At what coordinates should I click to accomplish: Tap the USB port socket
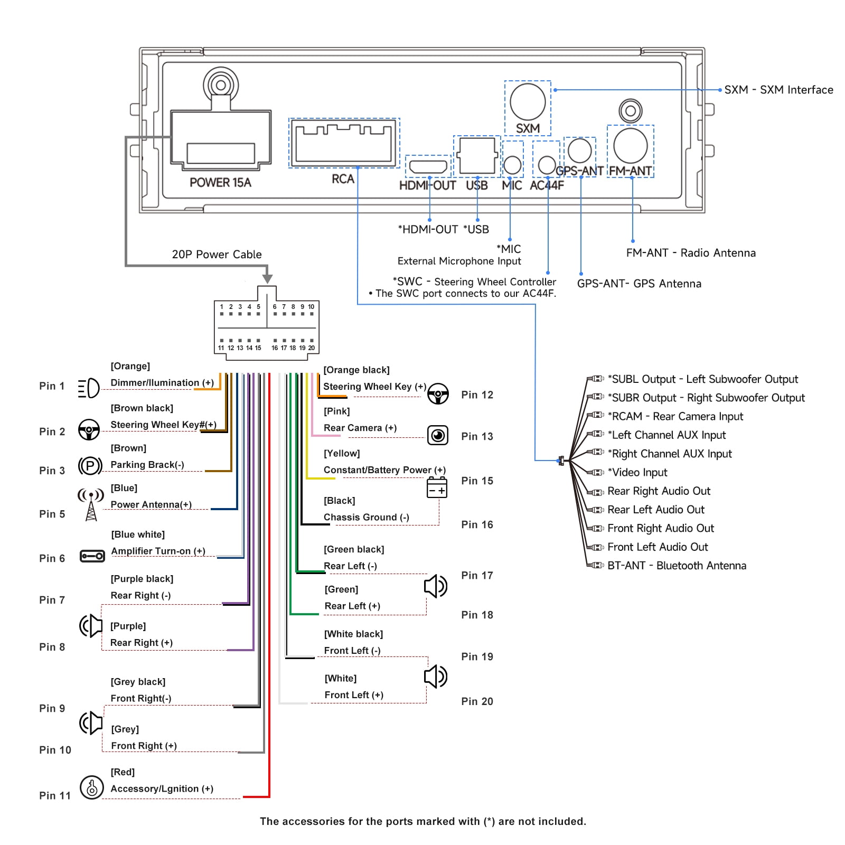tap(477, 156)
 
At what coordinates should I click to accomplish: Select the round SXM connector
tap(528, 101)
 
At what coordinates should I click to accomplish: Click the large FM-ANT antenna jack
tap(631, 146)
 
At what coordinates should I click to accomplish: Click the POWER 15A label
tap(220, 183)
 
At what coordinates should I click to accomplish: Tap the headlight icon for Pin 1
tap(89, 388)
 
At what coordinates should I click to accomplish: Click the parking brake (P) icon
tap(90, 466)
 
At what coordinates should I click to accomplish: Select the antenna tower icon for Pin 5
tap(91, 504)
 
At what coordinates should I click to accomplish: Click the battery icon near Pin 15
tap(437, 487)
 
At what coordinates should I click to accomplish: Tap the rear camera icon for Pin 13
tap(438, 435)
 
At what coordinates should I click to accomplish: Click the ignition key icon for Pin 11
tap(91, 787)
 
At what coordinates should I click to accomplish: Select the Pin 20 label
tap(477, 701)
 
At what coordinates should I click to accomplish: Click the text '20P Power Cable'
tap(217, 255)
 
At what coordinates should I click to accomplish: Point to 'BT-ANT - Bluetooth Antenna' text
tap(677, 566)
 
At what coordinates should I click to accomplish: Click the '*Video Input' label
tap(637, 472)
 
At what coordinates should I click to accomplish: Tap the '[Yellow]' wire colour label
tap(342, 454)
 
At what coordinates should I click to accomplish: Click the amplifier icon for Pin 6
tap(92, 556)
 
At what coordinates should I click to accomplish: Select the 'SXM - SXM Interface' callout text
tap(778, 90)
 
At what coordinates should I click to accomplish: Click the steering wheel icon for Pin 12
tap(438, 394)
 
